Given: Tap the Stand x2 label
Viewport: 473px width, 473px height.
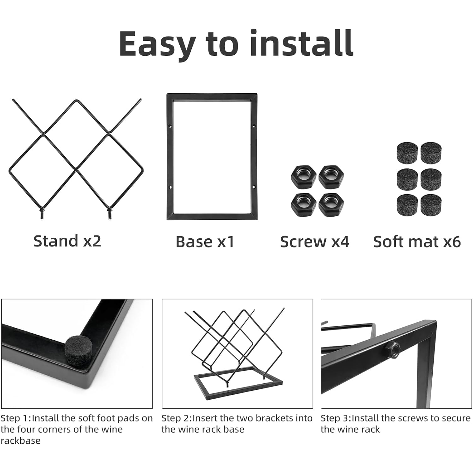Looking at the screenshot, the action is pyautogui.click(x=67, y=241).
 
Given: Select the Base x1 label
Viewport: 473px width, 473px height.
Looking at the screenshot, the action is pyautogui.click(x=205, y=242).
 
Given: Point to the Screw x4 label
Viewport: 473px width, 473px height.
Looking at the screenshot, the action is pyautogui.click(x=315, y=242).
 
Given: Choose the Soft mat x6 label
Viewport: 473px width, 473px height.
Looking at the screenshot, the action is pyautogui.click(x=417, y=242).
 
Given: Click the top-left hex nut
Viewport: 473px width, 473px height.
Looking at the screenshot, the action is pyautogui.click(x=303, y=177).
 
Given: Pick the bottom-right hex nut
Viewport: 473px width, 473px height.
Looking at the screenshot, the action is pyautogui.click(x=331, y=204).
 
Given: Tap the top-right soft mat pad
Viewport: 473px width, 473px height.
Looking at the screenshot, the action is pyautogui.click(x=431, y=152).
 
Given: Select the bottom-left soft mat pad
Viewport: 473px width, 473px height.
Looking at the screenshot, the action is pyautogui.click(x=407, y=205).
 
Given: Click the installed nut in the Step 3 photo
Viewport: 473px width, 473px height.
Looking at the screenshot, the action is pyautogui.click(x=392, y=348).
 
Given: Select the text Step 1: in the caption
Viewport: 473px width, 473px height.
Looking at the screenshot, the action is pyautogui.click(x=16, y=419).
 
